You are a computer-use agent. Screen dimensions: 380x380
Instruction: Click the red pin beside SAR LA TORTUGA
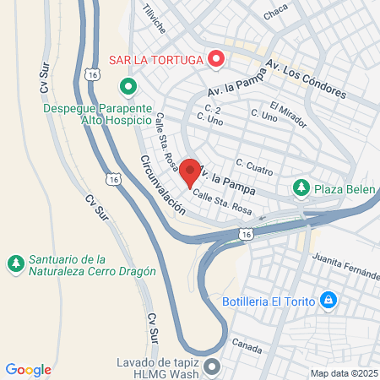click(x=215, y=60)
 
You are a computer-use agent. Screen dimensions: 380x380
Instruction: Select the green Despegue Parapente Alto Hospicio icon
click(x=128, y=86)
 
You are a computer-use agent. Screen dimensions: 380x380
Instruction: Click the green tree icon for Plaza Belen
click(x=300, y=187)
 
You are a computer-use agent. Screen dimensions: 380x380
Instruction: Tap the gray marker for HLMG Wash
click(x=211, y=367)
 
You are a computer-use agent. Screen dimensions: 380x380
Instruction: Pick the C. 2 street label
click(x=213, y=111)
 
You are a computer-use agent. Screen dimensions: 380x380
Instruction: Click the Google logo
click(x=29, y=370)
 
